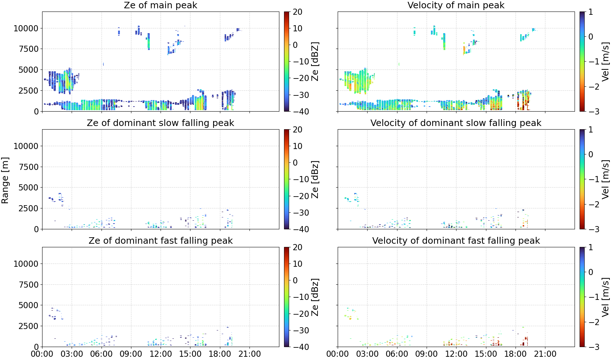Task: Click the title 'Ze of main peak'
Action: [160, 5]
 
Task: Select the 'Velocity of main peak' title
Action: [456, 5]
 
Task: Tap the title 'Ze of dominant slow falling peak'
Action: [160, 123]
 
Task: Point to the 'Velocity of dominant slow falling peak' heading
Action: [456, 123]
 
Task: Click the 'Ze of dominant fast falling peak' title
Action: [160, 240]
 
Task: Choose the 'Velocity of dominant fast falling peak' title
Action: [456, 240]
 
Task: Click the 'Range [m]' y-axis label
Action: [5, 180]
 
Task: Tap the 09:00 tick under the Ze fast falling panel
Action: [131, 354]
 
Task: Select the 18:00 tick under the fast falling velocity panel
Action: [516, 354]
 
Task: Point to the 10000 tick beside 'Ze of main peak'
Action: [26, 28]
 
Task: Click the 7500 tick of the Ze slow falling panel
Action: [29, 167]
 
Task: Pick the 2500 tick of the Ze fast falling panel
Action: [29, 326]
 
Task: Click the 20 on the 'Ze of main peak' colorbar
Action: [297, 12]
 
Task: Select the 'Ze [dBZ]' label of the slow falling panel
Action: [315, 179]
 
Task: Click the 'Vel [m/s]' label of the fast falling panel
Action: [606, 297]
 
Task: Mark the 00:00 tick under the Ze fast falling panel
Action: [42, 354]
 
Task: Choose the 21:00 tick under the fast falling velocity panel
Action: [545, 354]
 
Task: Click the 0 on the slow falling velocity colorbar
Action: [591, 154]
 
